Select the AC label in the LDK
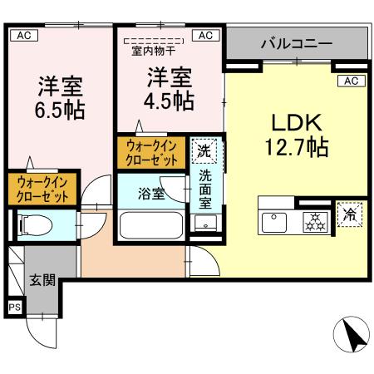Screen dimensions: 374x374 [351, 81]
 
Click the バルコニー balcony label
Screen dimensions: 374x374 [296, 42]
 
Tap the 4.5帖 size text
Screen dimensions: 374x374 [171, 101]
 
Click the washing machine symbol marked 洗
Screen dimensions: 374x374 [203, 151]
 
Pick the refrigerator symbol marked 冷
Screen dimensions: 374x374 [350, 214]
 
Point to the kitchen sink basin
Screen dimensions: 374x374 [274, 222]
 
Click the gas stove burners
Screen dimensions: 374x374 [314, 222]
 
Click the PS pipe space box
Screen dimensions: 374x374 [14, 307]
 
